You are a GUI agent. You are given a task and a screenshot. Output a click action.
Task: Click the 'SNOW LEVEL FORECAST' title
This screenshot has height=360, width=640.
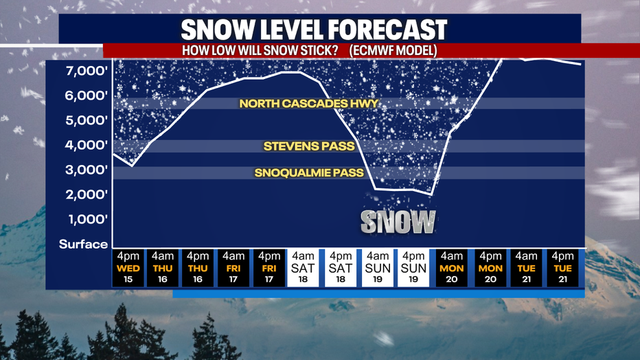pos(314,30)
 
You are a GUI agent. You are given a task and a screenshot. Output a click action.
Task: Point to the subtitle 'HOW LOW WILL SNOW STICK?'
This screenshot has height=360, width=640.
pos(260,51)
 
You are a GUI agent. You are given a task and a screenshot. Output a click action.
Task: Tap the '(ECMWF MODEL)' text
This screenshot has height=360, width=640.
pos(393,51)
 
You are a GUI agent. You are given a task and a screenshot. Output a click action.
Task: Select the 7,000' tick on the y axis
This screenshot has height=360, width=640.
pos(87,71)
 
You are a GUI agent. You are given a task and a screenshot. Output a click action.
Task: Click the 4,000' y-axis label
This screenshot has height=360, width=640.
pos(87,145)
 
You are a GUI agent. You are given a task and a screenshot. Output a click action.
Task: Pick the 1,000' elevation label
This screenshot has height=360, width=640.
pos(87,219)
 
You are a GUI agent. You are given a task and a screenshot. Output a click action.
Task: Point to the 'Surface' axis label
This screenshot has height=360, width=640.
pos(83,244)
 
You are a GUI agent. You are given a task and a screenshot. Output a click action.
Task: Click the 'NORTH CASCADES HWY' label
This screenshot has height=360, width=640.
pos(309,104)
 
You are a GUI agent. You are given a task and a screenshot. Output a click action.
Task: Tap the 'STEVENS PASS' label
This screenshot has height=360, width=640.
pos(309,146)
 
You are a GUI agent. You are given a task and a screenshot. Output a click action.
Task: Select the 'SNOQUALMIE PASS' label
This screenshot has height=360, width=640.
pos(309,172)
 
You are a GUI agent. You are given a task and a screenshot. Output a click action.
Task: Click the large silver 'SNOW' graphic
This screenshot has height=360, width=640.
pos(398,222)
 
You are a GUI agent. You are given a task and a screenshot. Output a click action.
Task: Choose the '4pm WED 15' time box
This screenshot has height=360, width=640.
pos(128,268)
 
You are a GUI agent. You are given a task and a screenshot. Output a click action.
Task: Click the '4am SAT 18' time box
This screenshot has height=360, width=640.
pos(303,268)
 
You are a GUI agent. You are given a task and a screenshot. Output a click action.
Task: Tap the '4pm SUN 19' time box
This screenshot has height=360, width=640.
pos(413,268)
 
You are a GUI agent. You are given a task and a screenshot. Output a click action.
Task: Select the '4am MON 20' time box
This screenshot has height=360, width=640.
pos(451,268)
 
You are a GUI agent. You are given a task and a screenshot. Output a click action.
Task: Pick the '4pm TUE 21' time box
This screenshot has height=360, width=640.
pos(562,268)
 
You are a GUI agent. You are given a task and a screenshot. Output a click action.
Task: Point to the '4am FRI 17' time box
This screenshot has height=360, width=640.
pos(233,268)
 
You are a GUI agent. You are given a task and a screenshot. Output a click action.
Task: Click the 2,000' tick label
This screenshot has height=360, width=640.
pos(87,194)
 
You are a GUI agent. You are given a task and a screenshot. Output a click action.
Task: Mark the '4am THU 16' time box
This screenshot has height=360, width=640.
pos(163,268)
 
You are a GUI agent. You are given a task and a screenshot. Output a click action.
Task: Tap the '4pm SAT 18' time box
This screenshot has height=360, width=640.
pos(341,268)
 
